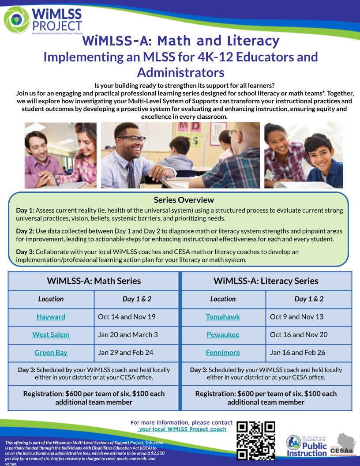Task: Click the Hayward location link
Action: tap(51, 317)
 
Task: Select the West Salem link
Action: tap(51, 334)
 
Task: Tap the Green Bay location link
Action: tap(51, 353)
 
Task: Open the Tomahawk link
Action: tap(223, 317)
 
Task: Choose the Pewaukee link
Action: tap(223, 334)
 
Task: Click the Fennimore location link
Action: tap(223, 353)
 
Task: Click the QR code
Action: tap(256, 441)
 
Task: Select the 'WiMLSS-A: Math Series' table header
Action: tap(94, 281)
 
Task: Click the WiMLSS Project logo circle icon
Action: tap(16, 19)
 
